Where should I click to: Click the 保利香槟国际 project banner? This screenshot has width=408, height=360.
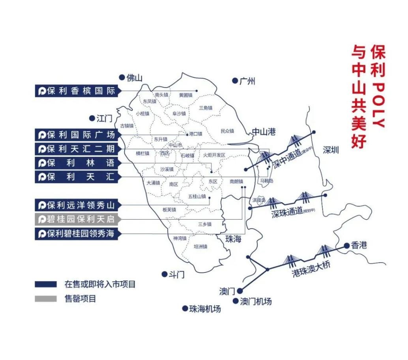77,91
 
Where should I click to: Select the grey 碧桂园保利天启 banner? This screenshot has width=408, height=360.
77,219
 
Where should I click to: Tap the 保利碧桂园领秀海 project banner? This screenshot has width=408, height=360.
77,233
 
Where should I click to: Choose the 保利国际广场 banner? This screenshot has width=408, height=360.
77,134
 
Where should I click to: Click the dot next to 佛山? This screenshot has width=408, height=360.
122,77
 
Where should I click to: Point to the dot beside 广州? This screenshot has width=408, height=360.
235,80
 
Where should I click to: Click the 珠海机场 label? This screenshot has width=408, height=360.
205,309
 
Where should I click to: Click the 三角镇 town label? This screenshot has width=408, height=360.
206,108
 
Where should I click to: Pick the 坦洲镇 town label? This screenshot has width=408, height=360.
200,246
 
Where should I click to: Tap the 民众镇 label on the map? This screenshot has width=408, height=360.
227,131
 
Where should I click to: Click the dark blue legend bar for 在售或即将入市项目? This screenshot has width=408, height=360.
45,284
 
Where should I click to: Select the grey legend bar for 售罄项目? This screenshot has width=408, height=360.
45,298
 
